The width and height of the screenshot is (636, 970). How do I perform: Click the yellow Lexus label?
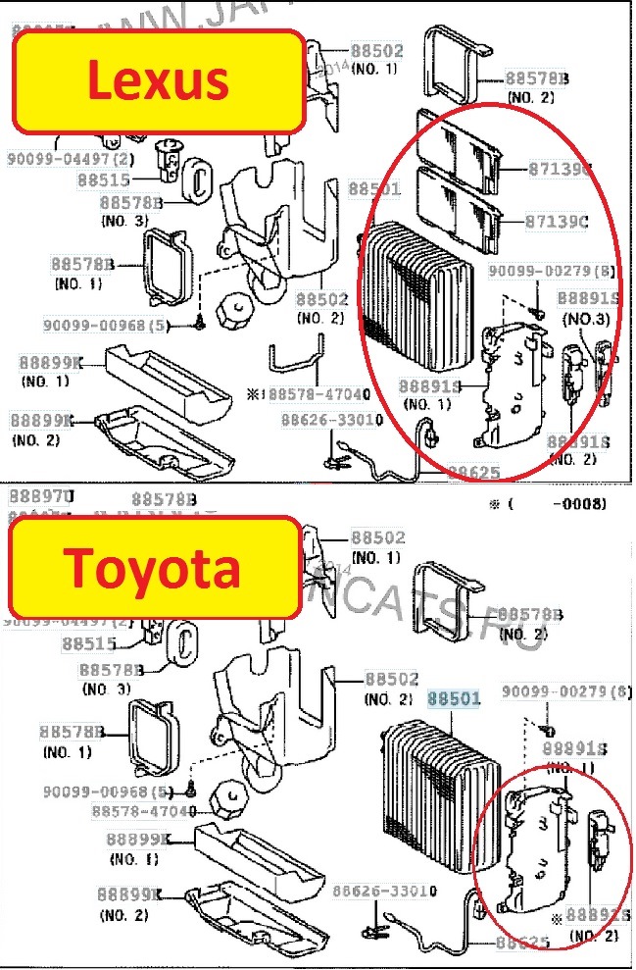pos(157,80)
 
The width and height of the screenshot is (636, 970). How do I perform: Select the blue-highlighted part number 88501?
pos(454,699)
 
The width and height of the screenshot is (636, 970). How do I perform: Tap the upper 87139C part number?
pos(558,169)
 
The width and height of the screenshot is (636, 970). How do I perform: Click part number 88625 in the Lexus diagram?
pos(474,473)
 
